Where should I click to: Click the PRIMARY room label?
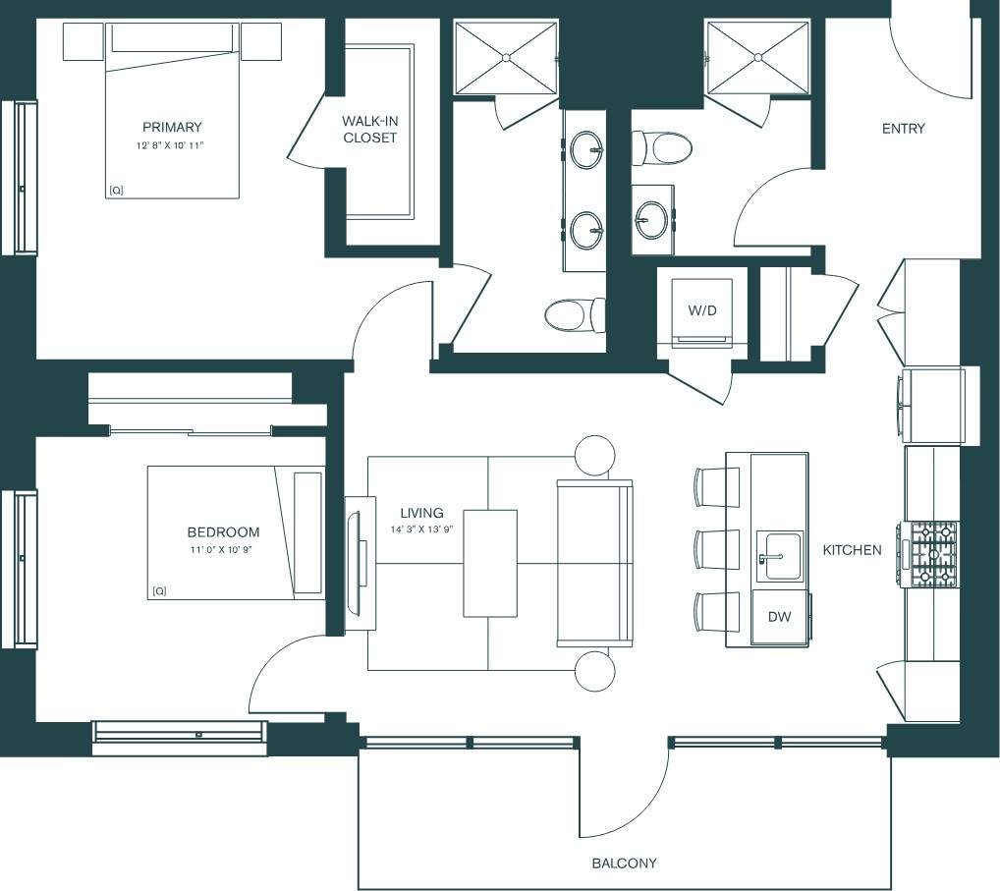[172, 127]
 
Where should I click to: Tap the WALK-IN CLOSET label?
[370, 129]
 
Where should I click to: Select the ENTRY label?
[903, 129]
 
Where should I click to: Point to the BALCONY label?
[624, 863]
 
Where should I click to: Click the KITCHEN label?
[852, 550]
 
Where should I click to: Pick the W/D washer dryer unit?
[701, 310]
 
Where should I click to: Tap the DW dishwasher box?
[779, 617]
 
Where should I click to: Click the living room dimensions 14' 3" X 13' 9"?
[420, 530]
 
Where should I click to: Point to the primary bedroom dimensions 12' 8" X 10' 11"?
[172, 145]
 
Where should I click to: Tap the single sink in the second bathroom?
[651, 215]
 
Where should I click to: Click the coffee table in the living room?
[489, 563]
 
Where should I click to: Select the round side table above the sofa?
[594, 456]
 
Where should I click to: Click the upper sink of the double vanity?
[586, 151]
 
